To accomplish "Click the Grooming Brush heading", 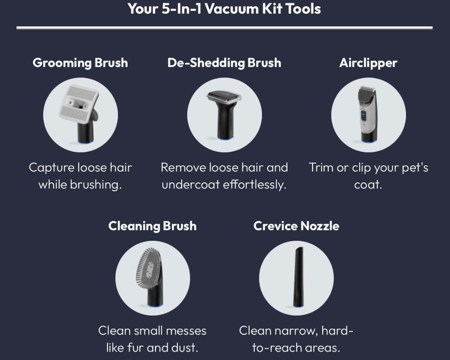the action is tap(80, 63).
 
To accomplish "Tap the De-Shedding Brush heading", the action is tap(224, 63).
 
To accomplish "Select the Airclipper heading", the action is tap(368, 63).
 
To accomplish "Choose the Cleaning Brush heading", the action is tap(152, 226).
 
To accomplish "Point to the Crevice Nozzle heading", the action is tap(296, 226).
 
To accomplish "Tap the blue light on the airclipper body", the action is tap(363, 114).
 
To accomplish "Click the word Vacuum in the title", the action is tap(232, 9).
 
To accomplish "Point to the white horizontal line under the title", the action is tap(224, 28).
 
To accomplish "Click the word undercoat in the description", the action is tap(190, 184).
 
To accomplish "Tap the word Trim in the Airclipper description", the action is tap(321, 167).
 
